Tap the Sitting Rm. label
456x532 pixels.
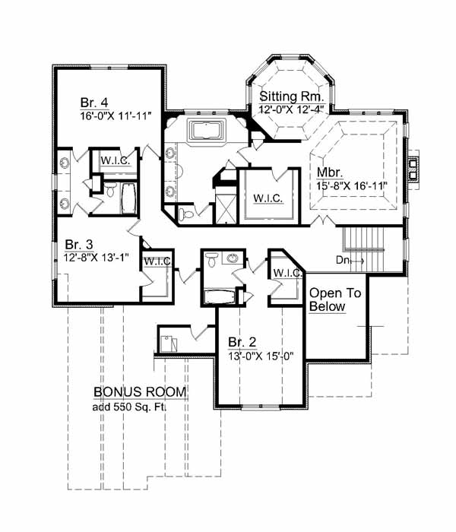click(292, 97)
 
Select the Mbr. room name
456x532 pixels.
click(330, 173)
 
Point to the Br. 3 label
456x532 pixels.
click(79, 245)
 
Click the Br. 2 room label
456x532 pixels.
click(242, 342)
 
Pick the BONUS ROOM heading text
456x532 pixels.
click(140, 392)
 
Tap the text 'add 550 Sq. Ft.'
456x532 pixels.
click(129, 407)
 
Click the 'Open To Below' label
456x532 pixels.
click(335, 299)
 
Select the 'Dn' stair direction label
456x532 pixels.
click(342, 260)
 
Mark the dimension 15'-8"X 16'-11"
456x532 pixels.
click(352, 186)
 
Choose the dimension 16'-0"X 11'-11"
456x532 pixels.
click(116, 116)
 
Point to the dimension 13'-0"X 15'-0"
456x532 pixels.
click(261, 356)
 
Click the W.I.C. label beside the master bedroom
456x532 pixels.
click(268, 198)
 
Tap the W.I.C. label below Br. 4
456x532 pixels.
click(116, 160)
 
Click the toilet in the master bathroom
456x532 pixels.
click(186, 214)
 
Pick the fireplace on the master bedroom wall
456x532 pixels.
click(413, 169)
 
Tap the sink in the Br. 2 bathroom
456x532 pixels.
click(233, 258)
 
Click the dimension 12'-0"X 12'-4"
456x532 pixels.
click(290, 109)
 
